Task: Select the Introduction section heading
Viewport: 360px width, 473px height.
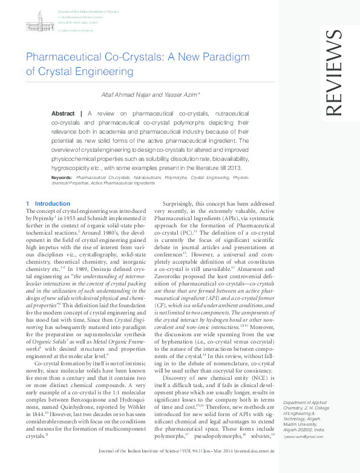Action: tap(53, 204)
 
